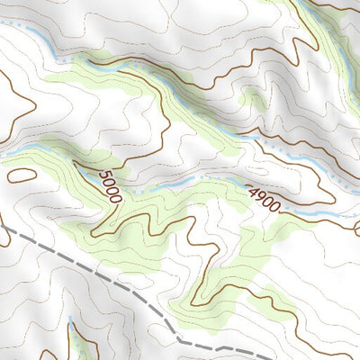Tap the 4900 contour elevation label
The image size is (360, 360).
point(264,198)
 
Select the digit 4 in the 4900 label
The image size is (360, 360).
point(251,188)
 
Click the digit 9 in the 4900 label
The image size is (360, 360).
point(259,194)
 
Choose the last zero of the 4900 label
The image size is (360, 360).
point(275,207)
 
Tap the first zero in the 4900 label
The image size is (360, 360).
point(267,201)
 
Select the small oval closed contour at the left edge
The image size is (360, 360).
point(20,175)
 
